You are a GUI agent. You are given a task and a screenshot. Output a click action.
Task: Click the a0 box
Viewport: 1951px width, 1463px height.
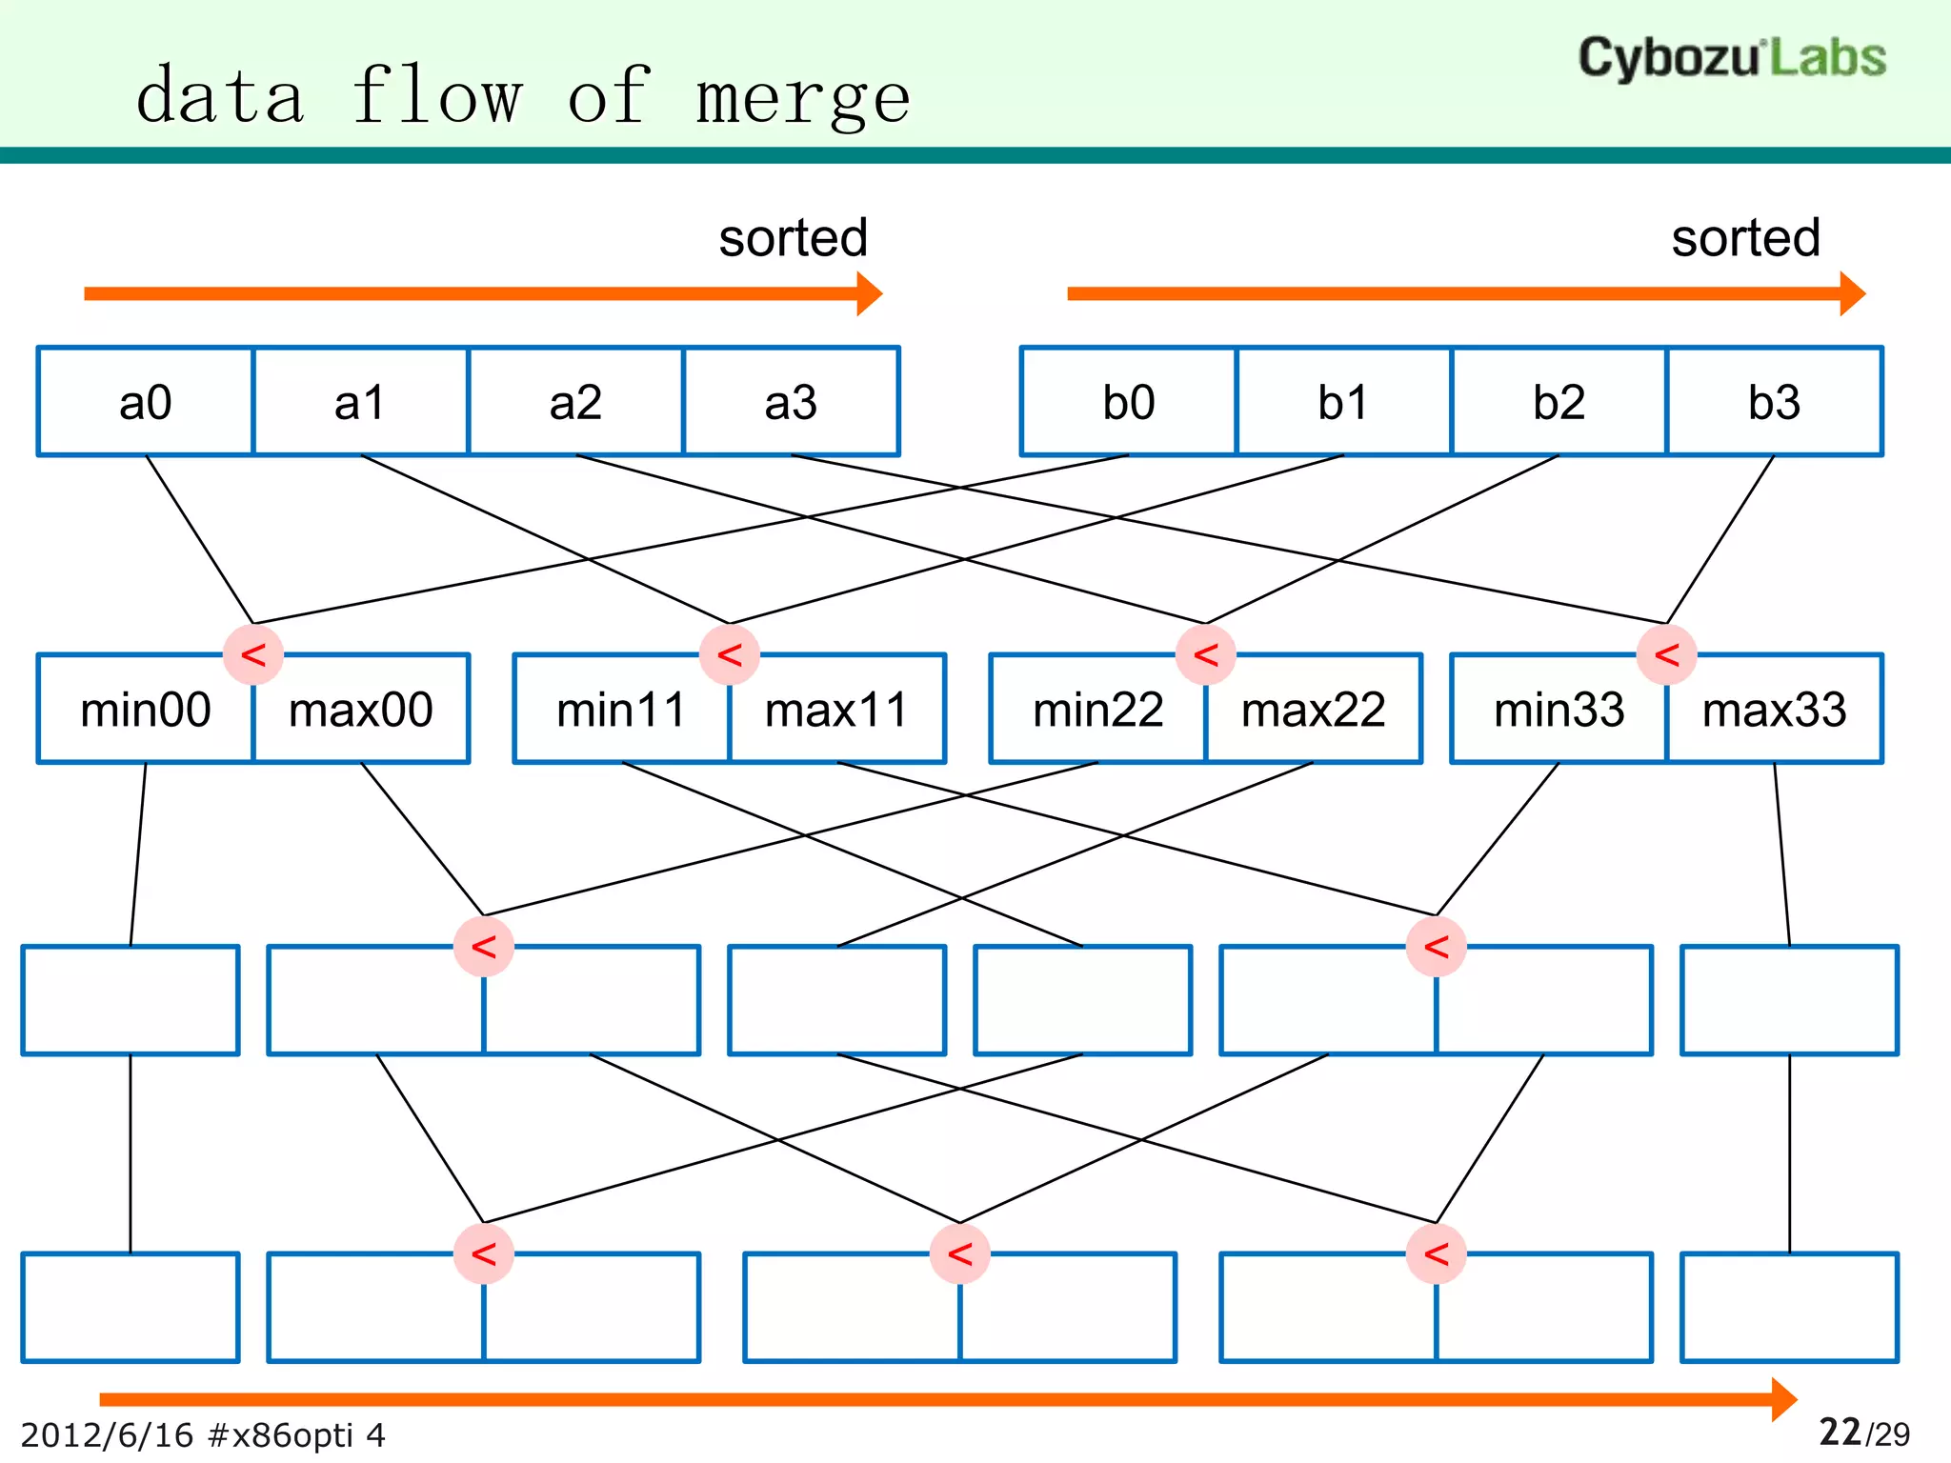tap(145, 402)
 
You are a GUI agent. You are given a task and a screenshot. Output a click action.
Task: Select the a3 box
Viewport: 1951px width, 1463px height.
tap(791, 402)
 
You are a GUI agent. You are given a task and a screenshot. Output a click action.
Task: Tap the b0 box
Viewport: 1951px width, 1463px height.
tap(1128, 402)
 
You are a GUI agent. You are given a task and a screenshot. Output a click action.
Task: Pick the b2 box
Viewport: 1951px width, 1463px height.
tap(1559, 402)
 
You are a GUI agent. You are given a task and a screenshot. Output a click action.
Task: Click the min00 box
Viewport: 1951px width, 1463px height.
tap(145, 710)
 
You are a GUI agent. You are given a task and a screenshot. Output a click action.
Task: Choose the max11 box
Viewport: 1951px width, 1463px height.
tap(837, 710)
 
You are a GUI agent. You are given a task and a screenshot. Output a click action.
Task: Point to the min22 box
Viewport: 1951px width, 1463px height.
tap(1097, 710)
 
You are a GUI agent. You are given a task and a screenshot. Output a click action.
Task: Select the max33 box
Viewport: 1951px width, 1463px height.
tap(1775, 710)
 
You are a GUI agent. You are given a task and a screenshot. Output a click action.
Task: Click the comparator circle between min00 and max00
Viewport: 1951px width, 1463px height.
tap(253, 655)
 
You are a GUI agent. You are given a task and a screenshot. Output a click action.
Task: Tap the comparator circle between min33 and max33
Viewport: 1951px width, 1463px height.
tap(1666, 655)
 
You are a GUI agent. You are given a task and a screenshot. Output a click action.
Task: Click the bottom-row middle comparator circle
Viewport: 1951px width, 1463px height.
tap(960, 1254)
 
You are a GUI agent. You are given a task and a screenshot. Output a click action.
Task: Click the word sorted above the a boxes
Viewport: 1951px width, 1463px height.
tap(793, 238)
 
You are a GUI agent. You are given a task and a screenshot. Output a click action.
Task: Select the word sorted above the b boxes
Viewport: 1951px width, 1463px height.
tap(1745, 238)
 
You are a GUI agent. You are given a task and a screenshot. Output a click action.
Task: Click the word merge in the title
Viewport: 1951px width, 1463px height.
tap(802, 98)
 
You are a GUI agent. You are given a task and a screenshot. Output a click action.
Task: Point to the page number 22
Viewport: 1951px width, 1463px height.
tap(1840, 1432)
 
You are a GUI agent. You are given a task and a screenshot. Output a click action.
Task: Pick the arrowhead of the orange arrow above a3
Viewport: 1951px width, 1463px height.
tap(869, 293)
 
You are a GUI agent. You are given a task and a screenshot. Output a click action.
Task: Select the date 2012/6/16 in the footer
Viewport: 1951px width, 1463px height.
tap(107, 1434)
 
